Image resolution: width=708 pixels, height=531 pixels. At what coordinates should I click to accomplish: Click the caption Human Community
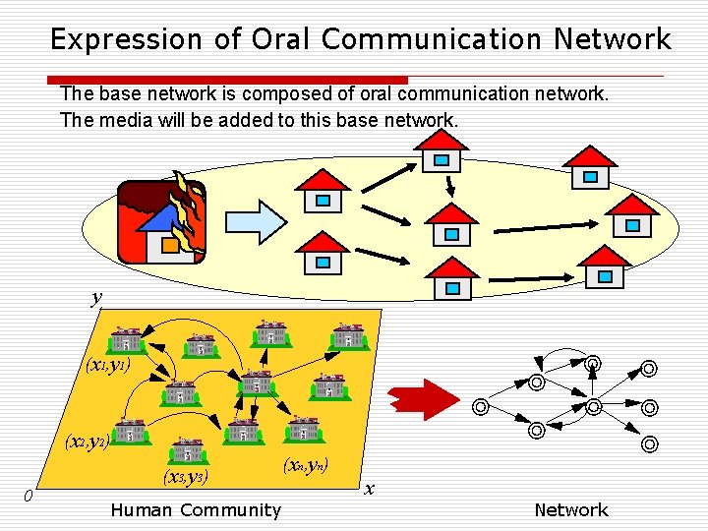[196, 509]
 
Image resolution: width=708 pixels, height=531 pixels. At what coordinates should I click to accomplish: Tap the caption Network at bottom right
[570, 509]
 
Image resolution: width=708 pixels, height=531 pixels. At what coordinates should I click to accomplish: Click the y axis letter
[96, 298]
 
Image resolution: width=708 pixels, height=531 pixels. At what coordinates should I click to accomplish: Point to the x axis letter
[369, 488]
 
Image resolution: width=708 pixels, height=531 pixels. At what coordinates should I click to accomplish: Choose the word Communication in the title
[432, 39]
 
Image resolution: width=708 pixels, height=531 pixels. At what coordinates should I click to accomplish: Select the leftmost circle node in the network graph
[479, 405]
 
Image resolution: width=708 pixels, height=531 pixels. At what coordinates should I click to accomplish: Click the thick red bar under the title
[226, 80]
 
